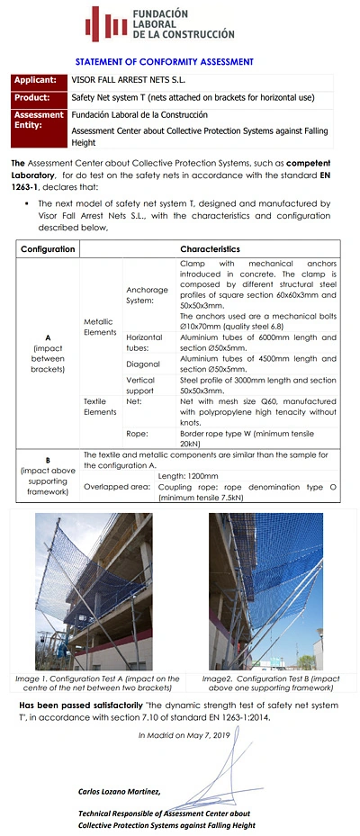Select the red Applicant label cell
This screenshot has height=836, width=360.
39,80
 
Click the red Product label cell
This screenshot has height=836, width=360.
39,97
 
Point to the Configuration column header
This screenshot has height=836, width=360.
49,248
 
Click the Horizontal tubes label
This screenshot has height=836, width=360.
144,341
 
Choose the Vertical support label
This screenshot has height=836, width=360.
143,385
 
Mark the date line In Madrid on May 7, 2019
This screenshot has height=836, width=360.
184,735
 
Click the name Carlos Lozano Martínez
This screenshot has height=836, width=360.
120,791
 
